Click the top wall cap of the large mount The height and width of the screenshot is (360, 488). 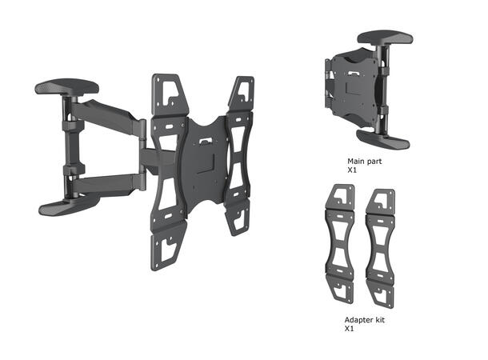(x=66, y=86)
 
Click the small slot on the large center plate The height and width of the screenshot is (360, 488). (x=206, y=142)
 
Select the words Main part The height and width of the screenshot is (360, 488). (x=364, y=161)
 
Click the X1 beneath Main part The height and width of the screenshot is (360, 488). (x=352, y=170)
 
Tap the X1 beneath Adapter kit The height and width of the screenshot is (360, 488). (x=350, y=328)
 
